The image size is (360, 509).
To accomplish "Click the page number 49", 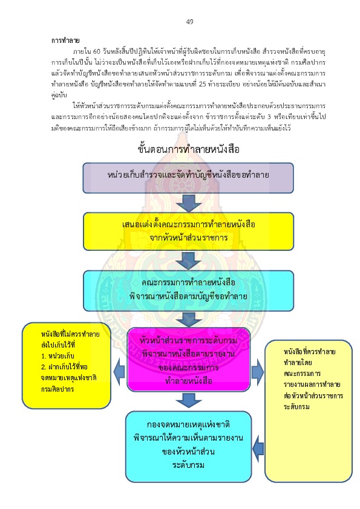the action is click(190, 22).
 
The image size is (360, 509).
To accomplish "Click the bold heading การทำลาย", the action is click(65, 41).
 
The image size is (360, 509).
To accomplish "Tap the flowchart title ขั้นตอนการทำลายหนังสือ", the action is click(188, 149).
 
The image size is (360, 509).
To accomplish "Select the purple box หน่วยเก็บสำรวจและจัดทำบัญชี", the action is click(188, 178).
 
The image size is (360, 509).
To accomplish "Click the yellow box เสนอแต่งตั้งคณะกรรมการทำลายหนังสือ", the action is click(188, 232).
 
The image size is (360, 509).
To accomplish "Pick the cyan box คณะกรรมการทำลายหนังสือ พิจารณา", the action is click(188, 291).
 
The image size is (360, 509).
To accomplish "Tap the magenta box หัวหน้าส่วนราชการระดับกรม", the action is click(188, 360).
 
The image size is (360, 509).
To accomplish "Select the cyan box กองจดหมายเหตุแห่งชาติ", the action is click(188, 447).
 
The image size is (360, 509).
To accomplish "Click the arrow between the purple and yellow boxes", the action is click(188, 203).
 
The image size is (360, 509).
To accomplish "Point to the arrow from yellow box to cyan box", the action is click(188, 261).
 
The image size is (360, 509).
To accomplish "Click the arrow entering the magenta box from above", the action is click(188, 319).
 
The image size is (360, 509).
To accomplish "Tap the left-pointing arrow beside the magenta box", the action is click(119, 372).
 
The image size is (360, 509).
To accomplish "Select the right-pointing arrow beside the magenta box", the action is click(258, 372).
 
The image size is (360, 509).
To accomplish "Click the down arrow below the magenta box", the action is click(188, 400).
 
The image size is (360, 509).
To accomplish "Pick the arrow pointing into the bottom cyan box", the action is click(258, 449).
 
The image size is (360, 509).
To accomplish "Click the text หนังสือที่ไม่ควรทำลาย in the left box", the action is click(70, 334).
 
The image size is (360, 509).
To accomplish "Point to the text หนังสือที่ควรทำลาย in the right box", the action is click(309, 352).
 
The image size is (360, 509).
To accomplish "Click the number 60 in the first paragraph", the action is click(96, 51).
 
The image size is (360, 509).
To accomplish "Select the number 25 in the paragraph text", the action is click(203, 84).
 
